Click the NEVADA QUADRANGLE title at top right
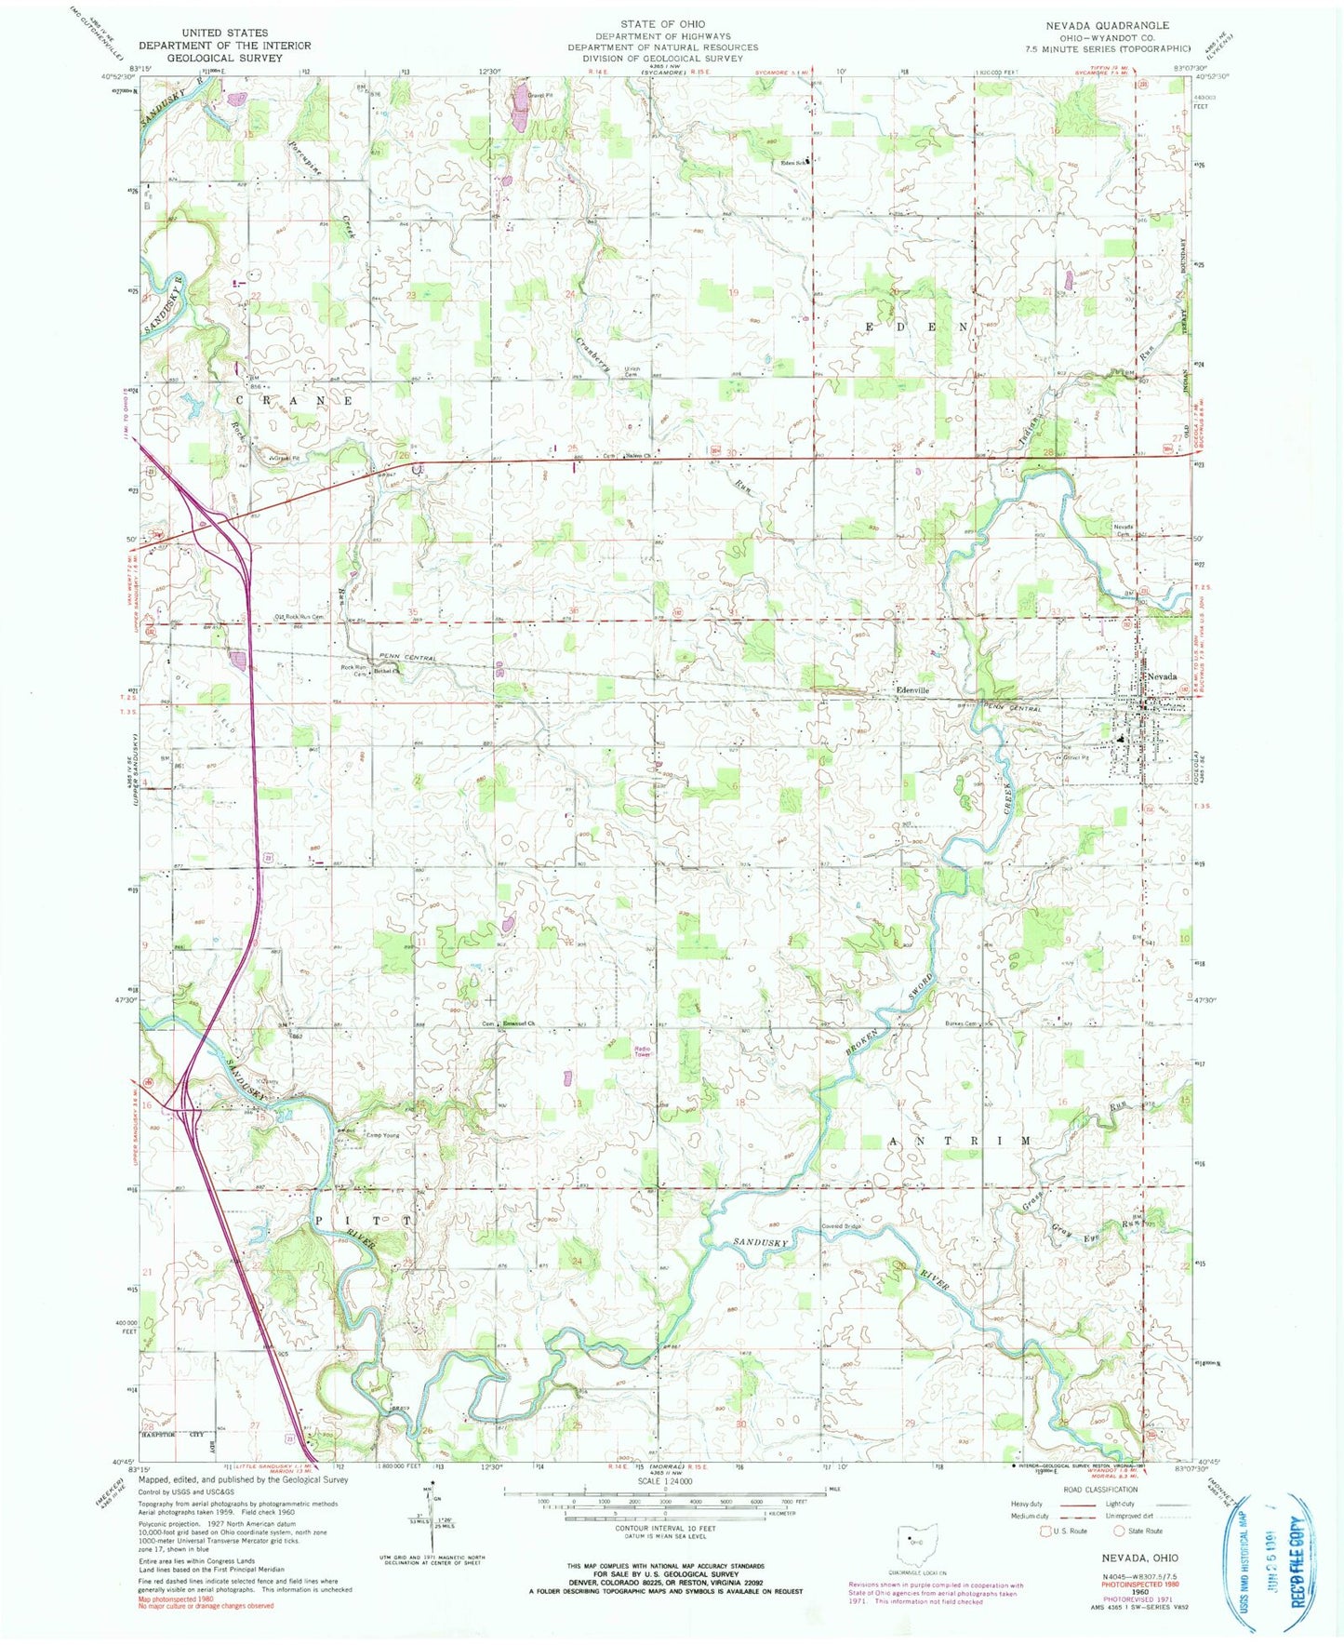click(1107, 25)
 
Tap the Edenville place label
click(912, 690)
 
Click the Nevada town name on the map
click(1162, 676)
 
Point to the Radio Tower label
click(643, 1045)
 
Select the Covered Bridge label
click(839, 1225)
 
